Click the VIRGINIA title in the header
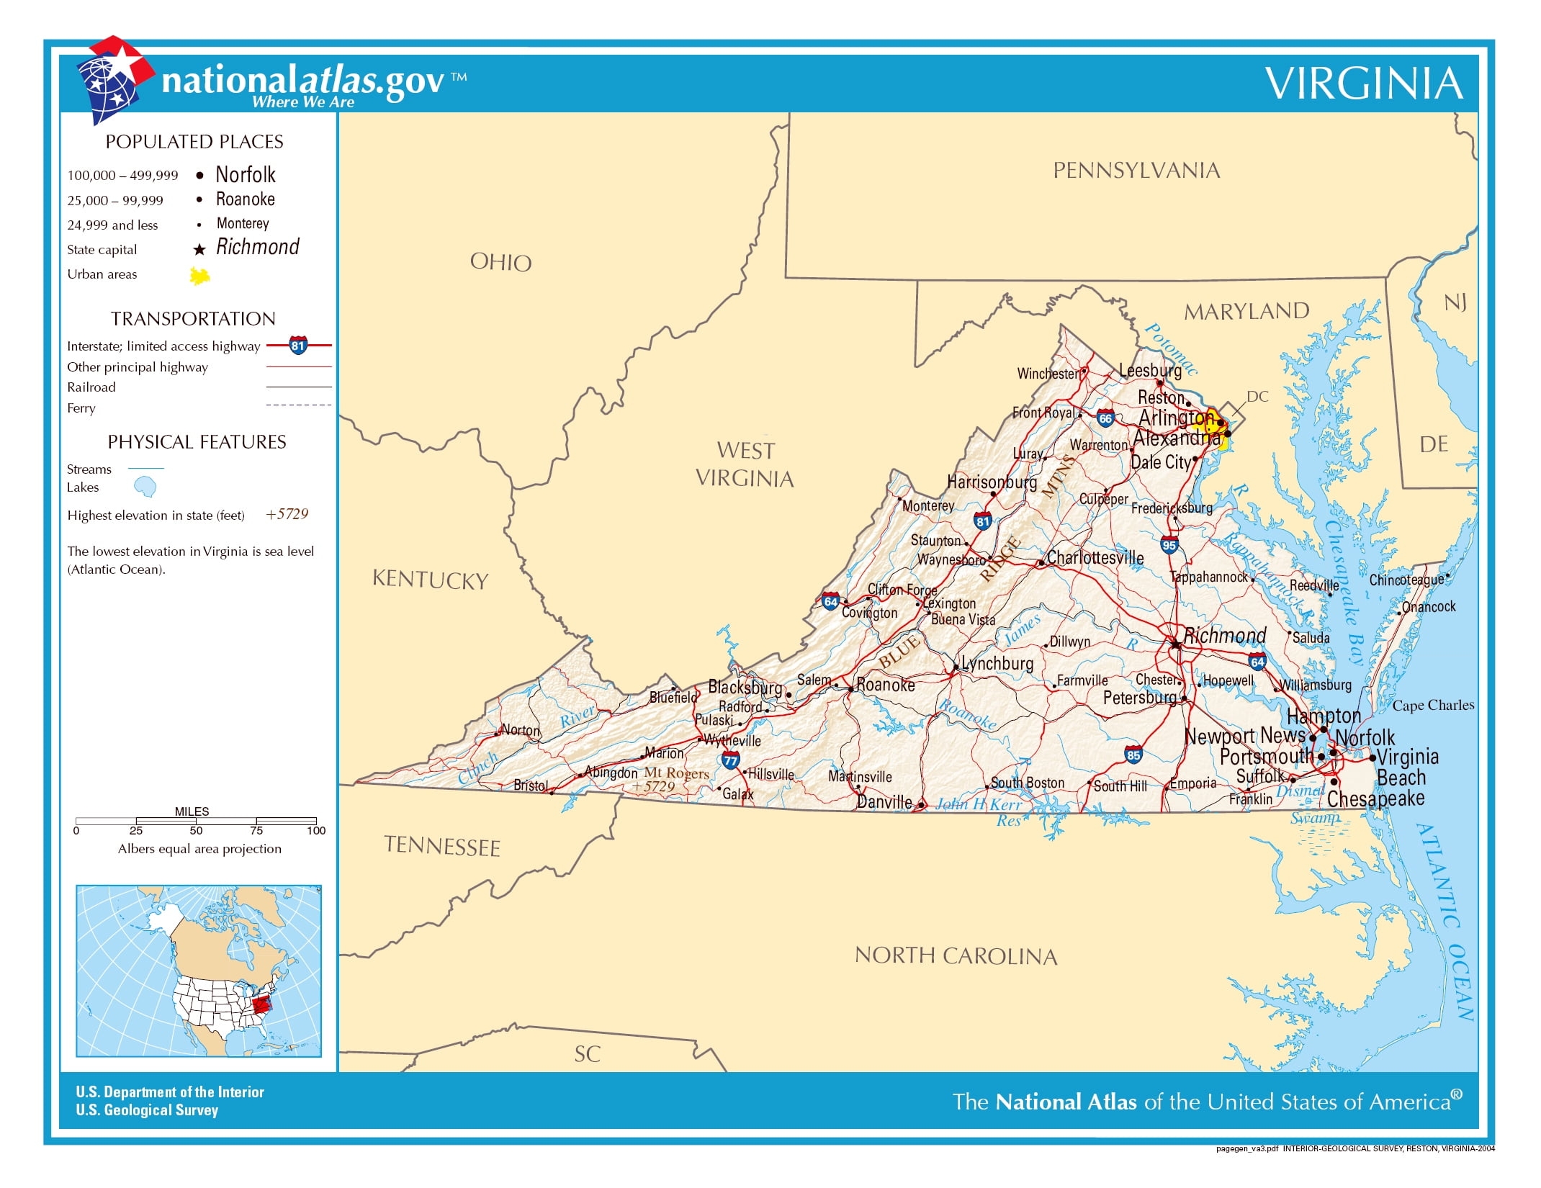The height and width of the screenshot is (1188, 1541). pyautogui.click(x=1364, y=84)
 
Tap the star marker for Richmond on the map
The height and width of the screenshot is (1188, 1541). pyautogui.click(x=1175, y=644)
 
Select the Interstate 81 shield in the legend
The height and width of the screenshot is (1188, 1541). pyautogui.click(x=298, y=346)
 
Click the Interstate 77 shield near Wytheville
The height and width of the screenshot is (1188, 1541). pyautogui.click(x=730, y=760)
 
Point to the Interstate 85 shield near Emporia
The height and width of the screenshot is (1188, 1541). pyautogui.click(x=1133, y=755)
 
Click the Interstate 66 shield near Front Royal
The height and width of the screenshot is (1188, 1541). pyautogui.click(x=1105, y=418)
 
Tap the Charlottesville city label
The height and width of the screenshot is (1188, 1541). pyautogui.click(x=1095, y=558)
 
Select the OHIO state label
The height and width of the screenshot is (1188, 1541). pyautogui.click(x=500, y=262)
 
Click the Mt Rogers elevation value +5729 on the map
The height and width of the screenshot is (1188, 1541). pyautogui.click(x=653, y=787)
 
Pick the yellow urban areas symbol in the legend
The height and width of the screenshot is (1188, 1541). pyautogui.click(x=199, y=276)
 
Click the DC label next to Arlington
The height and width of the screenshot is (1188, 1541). pyautogui.click(x=1257, y=397)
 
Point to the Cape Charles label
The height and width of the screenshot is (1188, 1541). pyautogui.click(x=1433, y=706)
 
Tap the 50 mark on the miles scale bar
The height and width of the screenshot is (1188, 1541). pyautogui.click(x=196, y=830)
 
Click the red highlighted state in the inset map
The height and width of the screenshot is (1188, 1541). pyautogui.click(x=261, y=1003)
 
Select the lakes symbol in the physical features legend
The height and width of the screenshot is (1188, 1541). pyautogui.click(x=145, y=487)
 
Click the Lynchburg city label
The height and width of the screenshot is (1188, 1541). pyautogui.click(x=997, y=663)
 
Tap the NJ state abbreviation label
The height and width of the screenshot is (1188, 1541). pyautogui.click(x=1455, y=302)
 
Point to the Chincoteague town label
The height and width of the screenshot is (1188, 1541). pyautogui.click(x=1406, y=580)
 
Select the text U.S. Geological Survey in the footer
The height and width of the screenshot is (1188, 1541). pyautogui.click(x=147, y=1110)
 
